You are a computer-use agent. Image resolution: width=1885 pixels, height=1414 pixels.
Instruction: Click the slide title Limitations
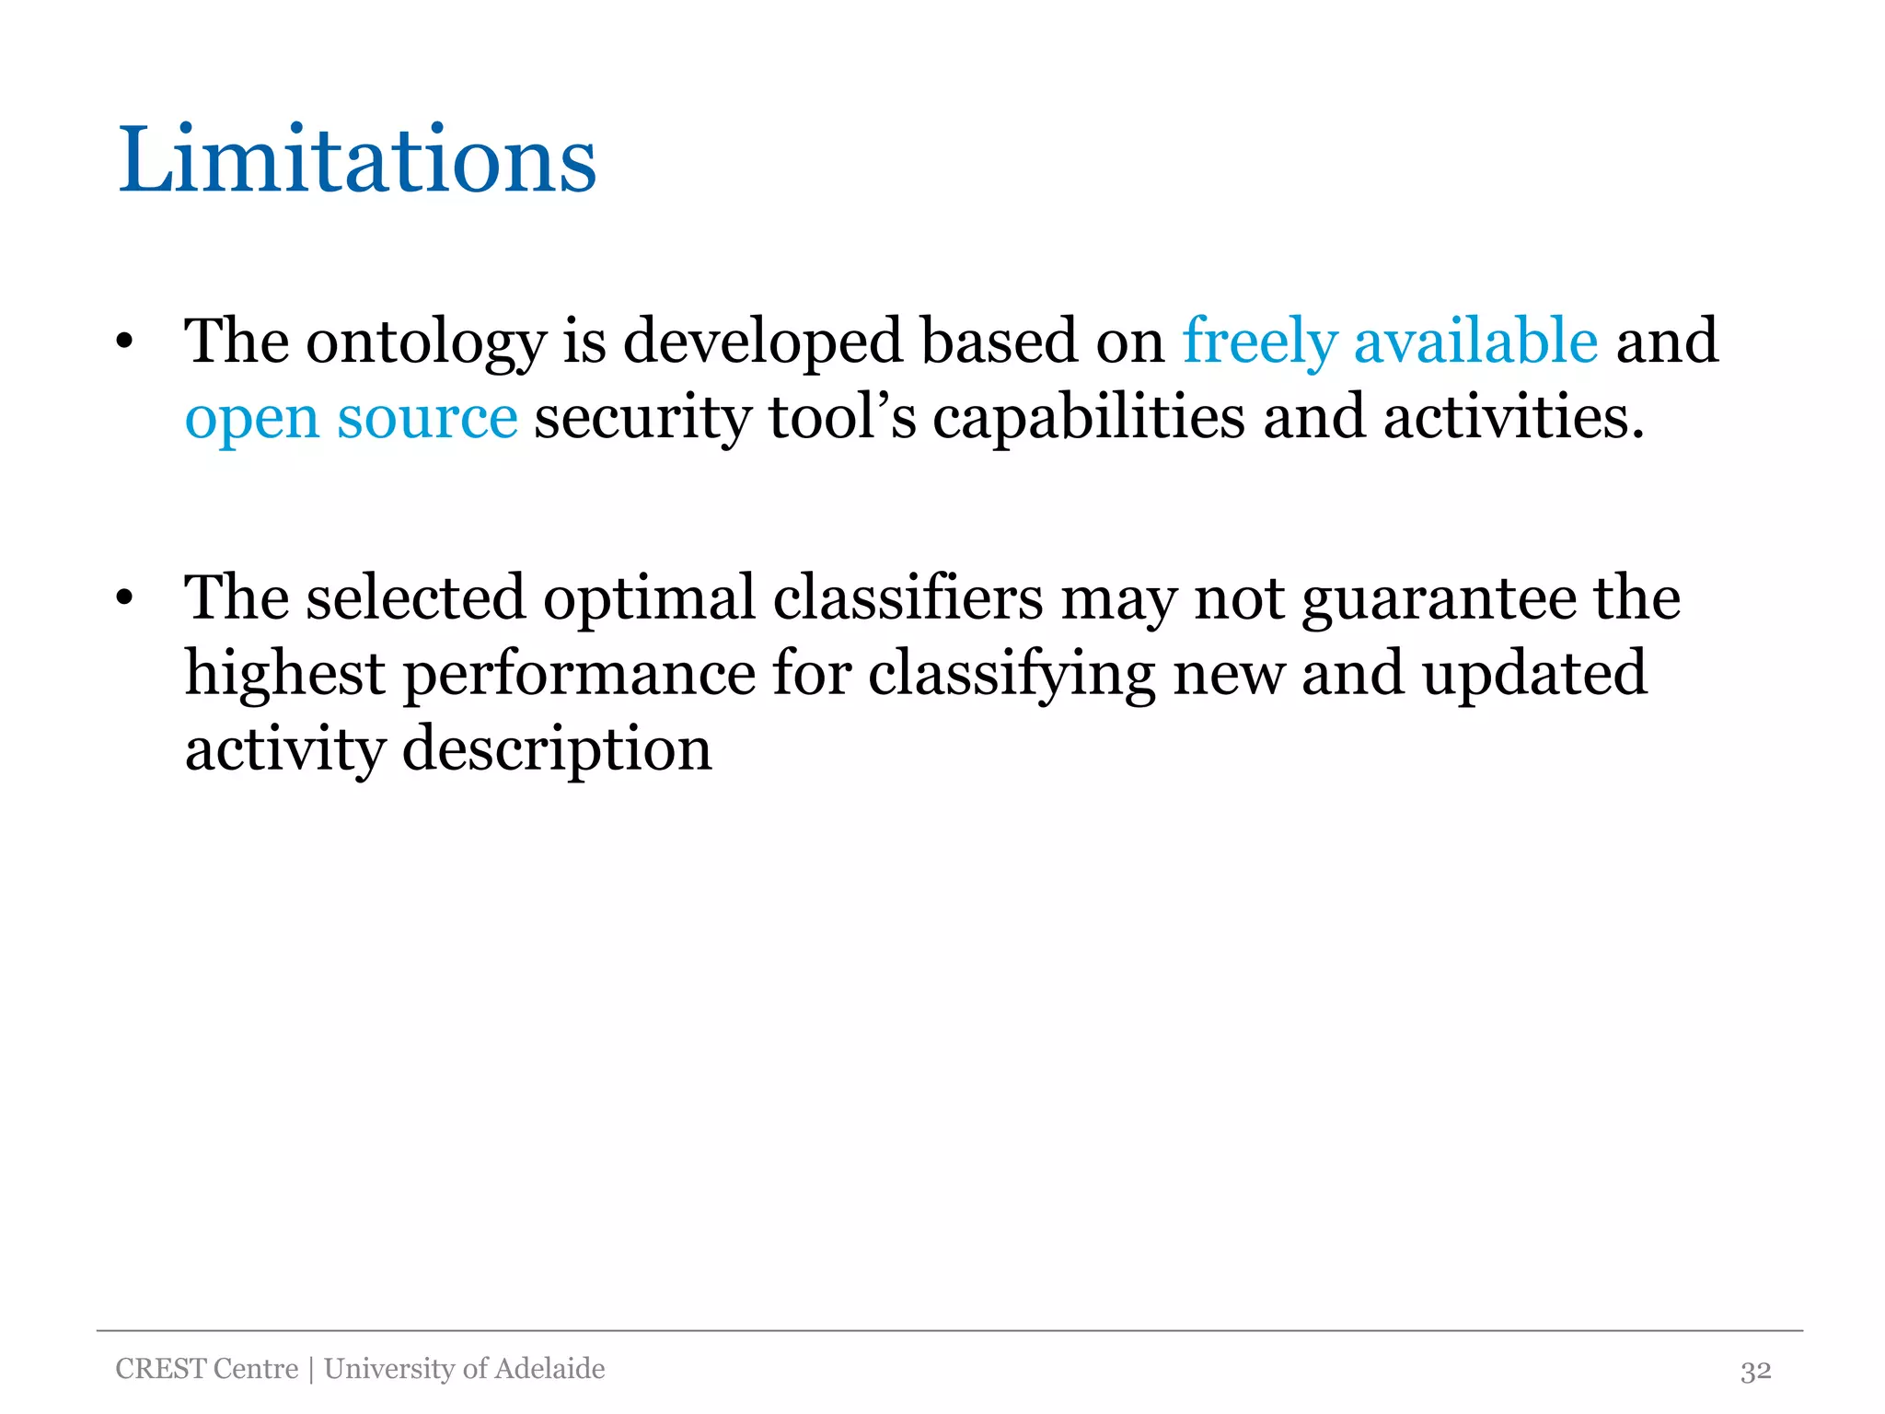[357, 160]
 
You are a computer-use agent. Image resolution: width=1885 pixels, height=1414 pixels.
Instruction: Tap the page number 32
[1755, 1371]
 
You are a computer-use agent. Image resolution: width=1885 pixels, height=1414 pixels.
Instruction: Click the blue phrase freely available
[1390, 341]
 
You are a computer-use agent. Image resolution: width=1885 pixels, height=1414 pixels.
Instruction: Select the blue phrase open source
[351, 417]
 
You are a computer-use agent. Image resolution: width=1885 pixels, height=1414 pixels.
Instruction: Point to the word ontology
[426, 342]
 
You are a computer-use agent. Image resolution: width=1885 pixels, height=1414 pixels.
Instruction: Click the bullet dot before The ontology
[125, 342]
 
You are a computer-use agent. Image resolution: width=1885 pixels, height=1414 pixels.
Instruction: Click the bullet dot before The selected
[125, 598]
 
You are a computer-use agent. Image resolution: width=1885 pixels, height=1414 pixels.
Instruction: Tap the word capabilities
[1089, 417]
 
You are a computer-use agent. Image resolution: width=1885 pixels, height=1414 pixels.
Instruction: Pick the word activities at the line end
[1512, 417]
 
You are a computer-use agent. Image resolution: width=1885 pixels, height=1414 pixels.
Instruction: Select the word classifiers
[908, 597]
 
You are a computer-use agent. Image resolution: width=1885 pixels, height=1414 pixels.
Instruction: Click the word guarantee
[1439, 599]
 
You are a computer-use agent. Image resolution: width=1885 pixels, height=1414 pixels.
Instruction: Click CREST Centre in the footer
[207, 1369]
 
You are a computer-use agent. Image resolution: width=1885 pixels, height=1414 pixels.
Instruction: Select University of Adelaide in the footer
[465, 1369]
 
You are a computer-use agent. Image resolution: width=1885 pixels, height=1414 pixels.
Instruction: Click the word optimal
[649, 597]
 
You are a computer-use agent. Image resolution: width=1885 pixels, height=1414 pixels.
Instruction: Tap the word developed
[763, 341]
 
